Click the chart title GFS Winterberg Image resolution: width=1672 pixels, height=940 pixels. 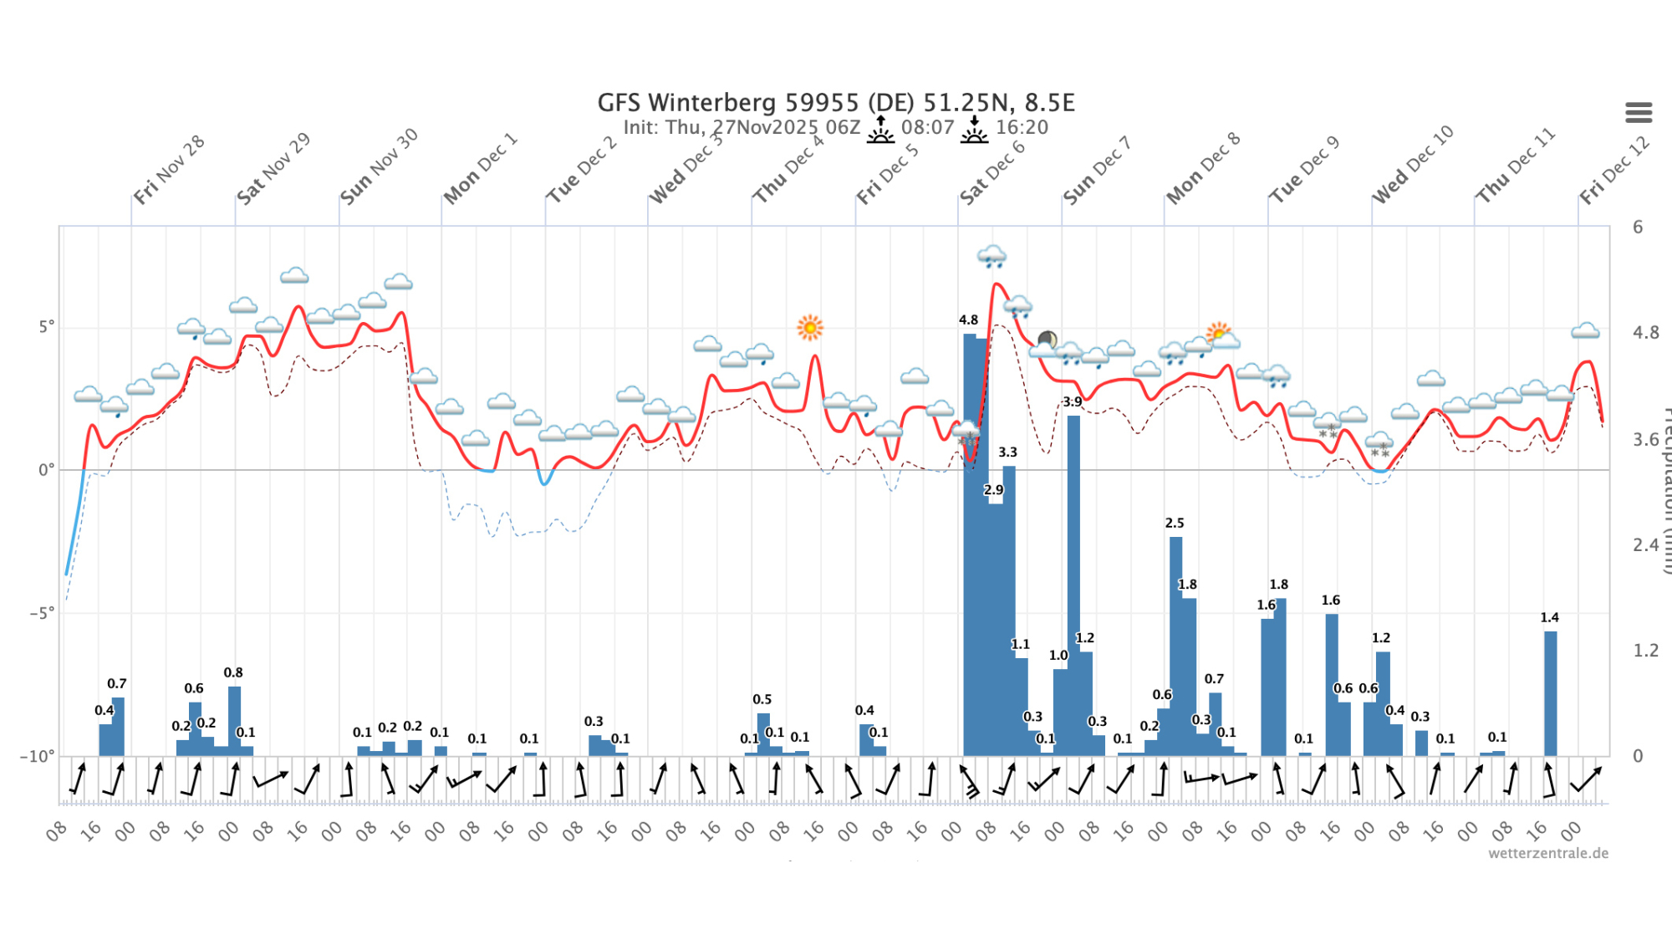[x=835, y=103]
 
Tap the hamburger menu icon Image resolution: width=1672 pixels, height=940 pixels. [x=1639, y=112]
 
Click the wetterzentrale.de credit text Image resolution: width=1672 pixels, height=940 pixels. [x=1547, y=853]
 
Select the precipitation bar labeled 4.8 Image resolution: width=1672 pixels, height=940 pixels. [x=970, y=544]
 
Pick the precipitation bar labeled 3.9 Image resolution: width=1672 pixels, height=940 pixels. [x=1073, y=585]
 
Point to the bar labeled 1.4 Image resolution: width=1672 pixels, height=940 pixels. [x=1551, y=693]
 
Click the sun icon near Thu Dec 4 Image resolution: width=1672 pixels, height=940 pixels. [x=810, y=327]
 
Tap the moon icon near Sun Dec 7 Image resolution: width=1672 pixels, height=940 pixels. [x=1047, y=340]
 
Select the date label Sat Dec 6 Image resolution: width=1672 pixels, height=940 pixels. [x=991, y=171]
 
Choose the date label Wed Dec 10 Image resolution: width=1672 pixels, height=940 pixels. [x=1413, y=164]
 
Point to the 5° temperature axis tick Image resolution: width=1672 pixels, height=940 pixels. [x=46, y=326]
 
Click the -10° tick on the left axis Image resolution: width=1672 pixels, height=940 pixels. [x=38, y=756]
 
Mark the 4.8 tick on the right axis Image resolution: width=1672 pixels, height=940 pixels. [x=1645, y=333]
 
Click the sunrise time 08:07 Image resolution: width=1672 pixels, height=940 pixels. [x=927, y=127]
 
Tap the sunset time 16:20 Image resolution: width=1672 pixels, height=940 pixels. [x=1022, y=127]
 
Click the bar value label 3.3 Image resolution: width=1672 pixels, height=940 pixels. [x=1007, y=452]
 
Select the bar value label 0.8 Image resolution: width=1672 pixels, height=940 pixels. [x=233, y=672]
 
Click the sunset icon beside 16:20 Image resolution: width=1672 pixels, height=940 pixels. [x=974, y=130]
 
